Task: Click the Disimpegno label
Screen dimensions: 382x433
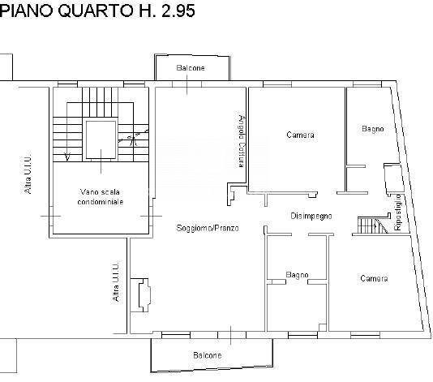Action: [311, 216]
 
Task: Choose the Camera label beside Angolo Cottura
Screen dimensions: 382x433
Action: [300, 135]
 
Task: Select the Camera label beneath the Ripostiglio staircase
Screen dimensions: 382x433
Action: [374, 278]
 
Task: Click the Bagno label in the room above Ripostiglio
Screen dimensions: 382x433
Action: [373, 128]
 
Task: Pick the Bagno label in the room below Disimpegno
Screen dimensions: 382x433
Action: [297, 276]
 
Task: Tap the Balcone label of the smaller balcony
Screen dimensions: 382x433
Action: [191, 68]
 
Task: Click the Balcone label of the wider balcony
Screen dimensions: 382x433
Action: [207, 355]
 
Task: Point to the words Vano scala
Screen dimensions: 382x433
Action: [101, 191]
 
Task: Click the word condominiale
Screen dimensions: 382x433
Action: [101, 201]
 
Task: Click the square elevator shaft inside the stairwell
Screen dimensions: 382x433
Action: [101, 139]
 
